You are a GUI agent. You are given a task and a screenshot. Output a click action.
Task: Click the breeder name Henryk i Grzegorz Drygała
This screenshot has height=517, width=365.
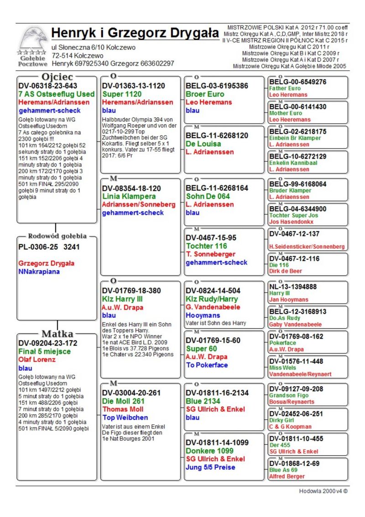(135, 33)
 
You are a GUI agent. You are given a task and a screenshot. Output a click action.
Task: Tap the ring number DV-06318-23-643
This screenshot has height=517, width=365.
(48, 85)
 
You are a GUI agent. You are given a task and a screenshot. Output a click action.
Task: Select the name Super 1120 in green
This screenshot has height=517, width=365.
(122, 94)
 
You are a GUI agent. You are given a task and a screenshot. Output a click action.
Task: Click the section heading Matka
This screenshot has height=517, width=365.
(57, 333)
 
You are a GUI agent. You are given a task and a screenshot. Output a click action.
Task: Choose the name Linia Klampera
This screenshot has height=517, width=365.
(126, 197)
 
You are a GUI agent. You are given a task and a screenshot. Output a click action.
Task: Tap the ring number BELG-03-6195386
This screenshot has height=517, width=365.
(217, 86)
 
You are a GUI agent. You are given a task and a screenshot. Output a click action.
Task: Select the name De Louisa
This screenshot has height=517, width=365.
(204, 144)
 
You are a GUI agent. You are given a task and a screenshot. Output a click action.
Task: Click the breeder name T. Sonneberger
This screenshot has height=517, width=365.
(210, 254)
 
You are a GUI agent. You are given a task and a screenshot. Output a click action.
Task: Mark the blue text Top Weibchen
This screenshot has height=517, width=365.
(125, 418)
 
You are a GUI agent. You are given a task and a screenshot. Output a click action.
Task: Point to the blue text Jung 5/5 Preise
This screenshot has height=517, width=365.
(210, 467)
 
